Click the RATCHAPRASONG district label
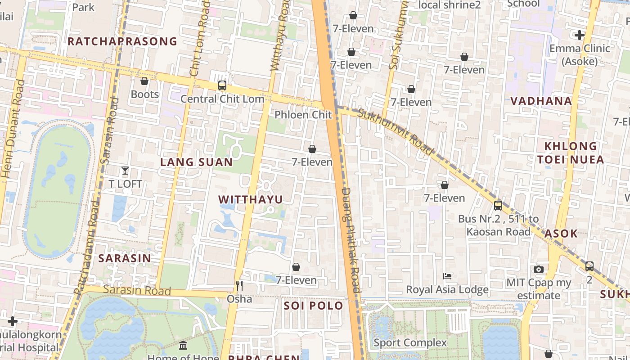[x=122, y=41]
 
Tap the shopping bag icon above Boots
[x=144, y=81]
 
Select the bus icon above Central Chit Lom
[x=222, y=85]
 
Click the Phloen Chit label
[x=303, y=115]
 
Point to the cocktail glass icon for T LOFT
[x=125, y=171]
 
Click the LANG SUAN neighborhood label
[x=197, y=162]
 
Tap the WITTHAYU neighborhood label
[x=251, y=199]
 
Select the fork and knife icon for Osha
[x=239, y=285]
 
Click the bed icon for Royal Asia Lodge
[x=447, y=276]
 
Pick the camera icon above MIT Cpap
[x=538, y=270]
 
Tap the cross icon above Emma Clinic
[x=580, y=35]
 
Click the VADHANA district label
[x=541, y=101]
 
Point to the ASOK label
[x=561, y=233]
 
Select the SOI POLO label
[x=313, y=306]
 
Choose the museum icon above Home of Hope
[x=183, y=346]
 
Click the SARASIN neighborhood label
[x=125, y=258]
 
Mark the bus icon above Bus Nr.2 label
[x=498, y=206]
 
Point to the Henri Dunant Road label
[x=13, y=128]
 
